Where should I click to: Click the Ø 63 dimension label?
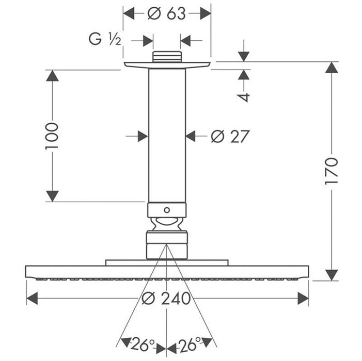coord(166,13)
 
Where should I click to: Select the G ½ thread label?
coord(105,40)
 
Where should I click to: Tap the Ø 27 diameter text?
coord(230,136)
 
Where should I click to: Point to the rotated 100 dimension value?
coord(52,136)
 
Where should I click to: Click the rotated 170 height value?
coord(332,171)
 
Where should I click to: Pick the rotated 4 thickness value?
coord(244,96)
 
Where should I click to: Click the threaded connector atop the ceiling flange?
coord(167,57)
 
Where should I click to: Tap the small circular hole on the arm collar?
coord(166,210)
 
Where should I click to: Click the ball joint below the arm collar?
coord(166,224)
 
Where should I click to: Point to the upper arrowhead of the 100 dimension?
coord(52,76)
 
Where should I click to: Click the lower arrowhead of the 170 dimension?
coord(332,274)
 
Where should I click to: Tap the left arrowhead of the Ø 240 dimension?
coord(32,298)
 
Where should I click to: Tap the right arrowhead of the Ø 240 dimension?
coord(302,298)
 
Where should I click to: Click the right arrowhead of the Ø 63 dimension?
coord(205,13)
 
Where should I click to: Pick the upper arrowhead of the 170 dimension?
coord(332,68)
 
